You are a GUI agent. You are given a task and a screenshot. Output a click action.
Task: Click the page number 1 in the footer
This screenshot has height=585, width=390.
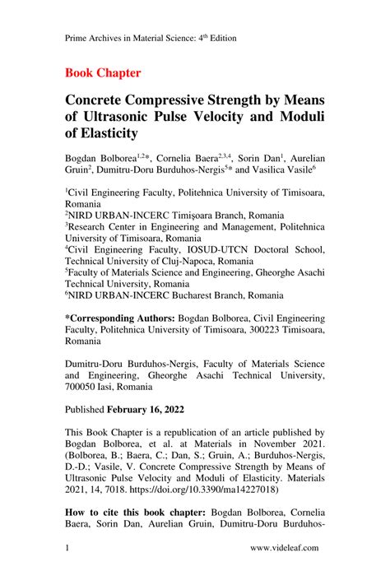pyautogui.click(x=67, y=546)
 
